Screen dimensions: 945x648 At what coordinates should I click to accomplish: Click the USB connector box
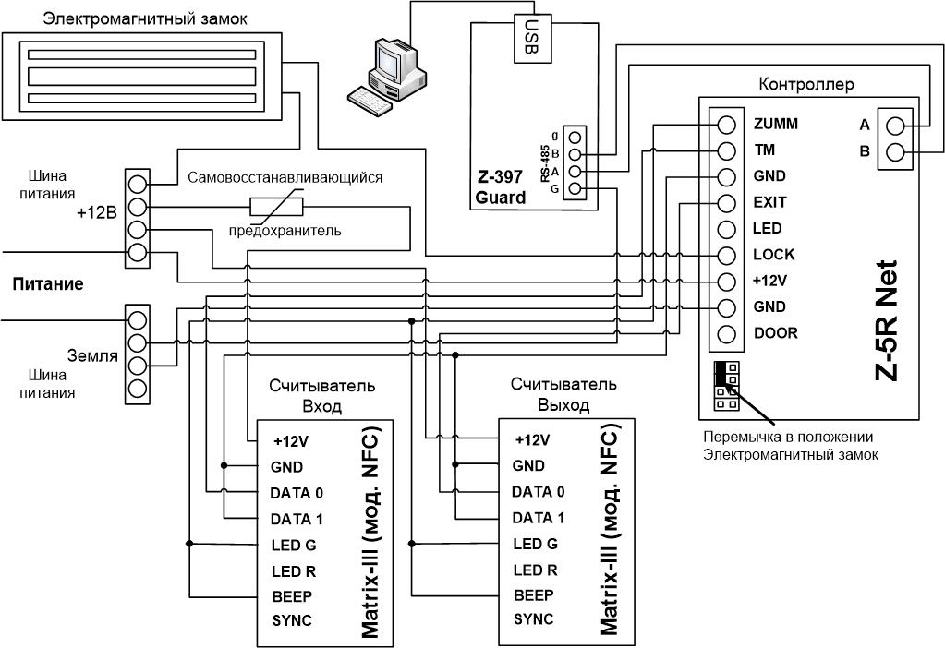532,38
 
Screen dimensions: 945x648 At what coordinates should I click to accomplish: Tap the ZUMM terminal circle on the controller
727,125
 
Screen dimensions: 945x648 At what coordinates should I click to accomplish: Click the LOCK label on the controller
774,255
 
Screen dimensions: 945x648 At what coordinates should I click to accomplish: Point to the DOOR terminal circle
727,333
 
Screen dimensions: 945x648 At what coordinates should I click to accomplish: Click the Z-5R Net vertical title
886,321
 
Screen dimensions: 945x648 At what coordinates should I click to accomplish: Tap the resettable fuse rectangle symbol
276,207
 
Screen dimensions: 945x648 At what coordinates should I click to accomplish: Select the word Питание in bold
48,284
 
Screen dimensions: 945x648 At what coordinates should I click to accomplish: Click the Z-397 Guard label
501,187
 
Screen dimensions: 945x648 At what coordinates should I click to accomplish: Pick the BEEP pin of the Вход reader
292,597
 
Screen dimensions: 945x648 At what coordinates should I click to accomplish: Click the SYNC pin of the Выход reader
533,619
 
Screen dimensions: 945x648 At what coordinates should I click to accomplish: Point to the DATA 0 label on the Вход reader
297,493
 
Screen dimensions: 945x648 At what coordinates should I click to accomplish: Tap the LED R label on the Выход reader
535,570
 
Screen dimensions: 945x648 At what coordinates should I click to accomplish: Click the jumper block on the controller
727,386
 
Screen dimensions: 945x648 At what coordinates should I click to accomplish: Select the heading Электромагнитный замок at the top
145,18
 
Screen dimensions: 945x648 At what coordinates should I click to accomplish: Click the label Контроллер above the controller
806,84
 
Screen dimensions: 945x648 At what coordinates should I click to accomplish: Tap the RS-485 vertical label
545,163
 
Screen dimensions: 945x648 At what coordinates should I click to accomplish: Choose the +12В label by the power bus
96,212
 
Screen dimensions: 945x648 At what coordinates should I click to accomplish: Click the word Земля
91,355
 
